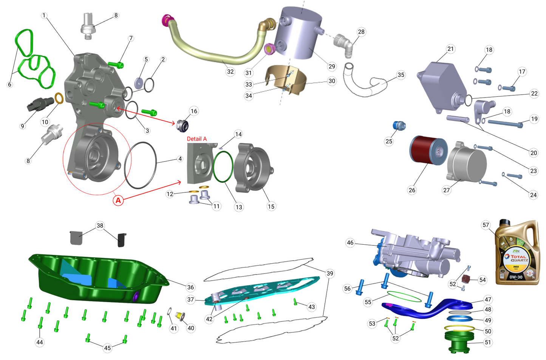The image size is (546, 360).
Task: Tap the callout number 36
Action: [190, 287]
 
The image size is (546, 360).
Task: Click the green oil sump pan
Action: [98, 280]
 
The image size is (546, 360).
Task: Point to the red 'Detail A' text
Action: [197, 139]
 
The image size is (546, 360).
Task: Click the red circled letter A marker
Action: [118, 200]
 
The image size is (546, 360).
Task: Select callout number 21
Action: [450, 49]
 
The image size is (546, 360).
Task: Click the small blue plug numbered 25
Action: [399, 125]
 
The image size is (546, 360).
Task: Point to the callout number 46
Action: [350, 243]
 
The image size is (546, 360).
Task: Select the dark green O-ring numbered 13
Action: [223, 166]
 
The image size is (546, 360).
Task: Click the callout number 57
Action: [486, 225]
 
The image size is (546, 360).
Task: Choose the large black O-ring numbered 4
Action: [140, 165]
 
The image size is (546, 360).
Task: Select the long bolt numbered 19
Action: [504, 123]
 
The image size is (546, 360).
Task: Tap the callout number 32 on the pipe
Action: [230, 71]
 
